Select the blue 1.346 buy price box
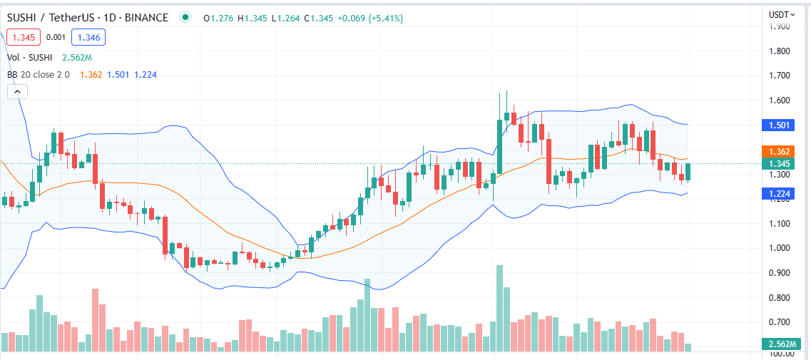[x=89, y=37]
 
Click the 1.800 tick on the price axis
[x=779, y=51]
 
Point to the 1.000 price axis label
[x=779, y=248]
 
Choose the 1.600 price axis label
[x=779, y=101]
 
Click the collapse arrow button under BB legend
[x=17, y=91]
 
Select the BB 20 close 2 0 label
[x=38, y=74]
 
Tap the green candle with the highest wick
[x=506, y=114]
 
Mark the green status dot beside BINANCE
[x=186, y=17]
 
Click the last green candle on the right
[x=688, y=172]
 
